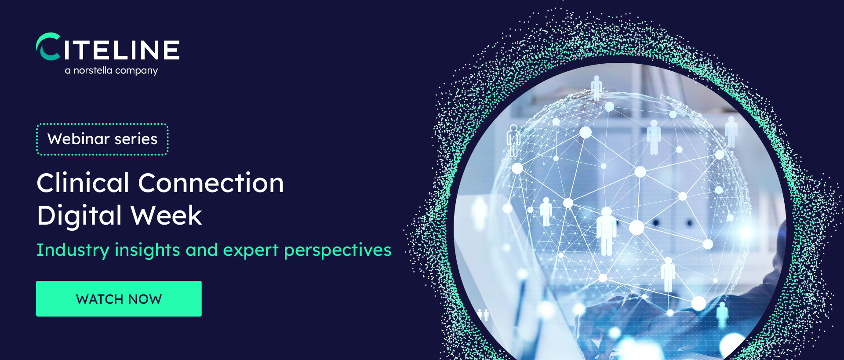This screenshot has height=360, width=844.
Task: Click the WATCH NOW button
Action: (x=119, y=298)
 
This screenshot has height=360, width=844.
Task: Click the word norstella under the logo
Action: (x=93, y=70)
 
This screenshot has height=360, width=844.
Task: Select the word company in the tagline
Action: (x=136, y=71)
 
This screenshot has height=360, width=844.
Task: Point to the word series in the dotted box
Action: (x=136, y=139)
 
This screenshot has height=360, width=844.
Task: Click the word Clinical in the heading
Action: (x=83, y=183)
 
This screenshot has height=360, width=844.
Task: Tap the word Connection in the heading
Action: (x=211, y=183)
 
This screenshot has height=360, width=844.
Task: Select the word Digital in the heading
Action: (x=79, y=215)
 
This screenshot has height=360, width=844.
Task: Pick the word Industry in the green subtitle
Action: (x=73, y=250)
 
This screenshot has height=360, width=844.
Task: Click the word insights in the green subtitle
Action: (x=147, y=250)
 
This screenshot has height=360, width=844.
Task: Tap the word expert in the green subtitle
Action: (x=251, y=250)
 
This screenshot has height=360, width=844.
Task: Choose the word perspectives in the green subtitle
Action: (x=338, y=250)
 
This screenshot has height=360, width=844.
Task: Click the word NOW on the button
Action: (x=145, y=299)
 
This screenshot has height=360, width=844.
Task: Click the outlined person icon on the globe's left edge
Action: (x=513, y=140)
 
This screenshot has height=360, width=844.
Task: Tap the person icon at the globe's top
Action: (x=597, y=88)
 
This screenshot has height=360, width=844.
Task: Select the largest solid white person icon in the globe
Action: (x=607, y=231)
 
